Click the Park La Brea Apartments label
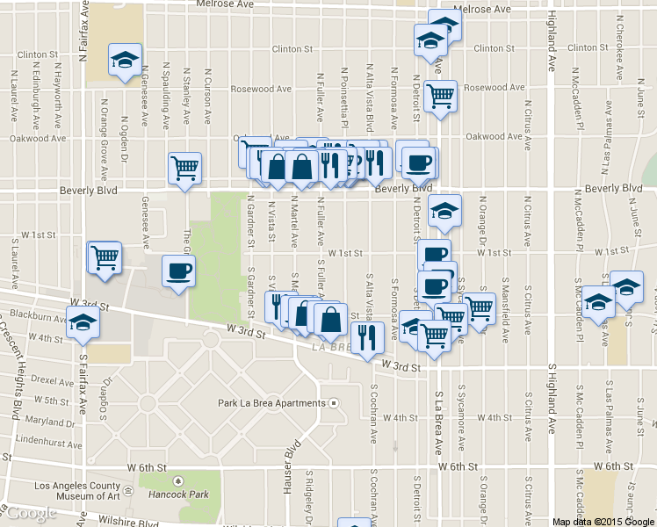(271, 403)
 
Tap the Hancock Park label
(177, 493)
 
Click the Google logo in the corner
(31, 514)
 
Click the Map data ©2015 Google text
(603, 522)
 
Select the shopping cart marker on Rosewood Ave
(440, 96)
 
